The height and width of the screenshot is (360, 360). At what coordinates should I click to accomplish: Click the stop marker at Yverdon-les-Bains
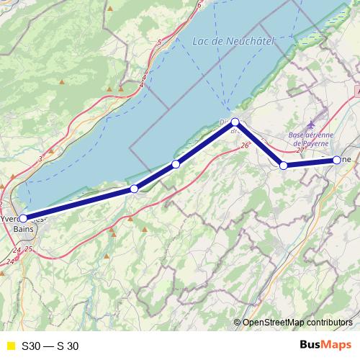pos(23,217)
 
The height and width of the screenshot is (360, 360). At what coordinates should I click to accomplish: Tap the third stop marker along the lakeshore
pos(176,165)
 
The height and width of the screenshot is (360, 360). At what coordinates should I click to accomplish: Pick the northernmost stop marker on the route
pos(235,122)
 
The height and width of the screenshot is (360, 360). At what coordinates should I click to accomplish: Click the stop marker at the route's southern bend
pos(284,166)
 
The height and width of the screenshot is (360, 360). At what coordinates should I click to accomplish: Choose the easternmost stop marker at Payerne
pos(337,159)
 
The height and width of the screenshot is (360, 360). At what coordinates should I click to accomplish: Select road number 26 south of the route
pos(245,146)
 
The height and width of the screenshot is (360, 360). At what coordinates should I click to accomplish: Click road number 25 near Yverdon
pos(29,249)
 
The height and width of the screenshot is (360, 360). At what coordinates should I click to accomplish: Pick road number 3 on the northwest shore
pos(41,158)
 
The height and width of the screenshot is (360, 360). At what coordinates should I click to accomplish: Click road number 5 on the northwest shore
pos(160,42)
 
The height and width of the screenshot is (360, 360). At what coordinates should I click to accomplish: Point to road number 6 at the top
pos(198,5)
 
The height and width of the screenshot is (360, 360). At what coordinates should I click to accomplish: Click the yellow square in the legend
pos(10,346)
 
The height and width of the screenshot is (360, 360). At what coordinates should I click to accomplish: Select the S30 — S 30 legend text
pos(50,346)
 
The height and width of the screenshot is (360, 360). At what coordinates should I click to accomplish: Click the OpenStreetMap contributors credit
pos(297,323)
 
